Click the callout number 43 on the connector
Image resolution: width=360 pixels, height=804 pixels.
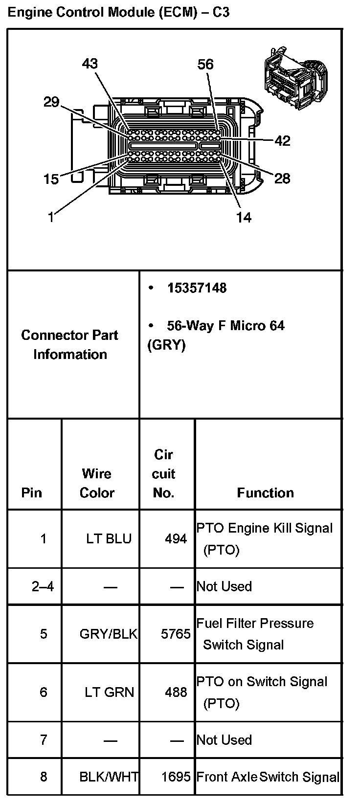coord(90,64)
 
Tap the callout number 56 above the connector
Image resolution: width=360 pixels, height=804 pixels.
coord(205,65)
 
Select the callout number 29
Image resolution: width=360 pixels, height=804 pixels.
coord(51,102)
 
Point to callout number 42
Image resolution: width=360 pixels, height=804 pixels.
coord(282,141)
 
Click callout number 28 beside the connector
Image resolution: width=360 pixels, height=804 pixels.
coord(282,179)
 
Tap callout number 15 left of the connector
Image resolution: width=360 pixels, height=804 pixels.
coord(51,179)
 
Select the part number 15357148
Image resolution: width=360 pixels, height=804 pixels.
coord(197,288)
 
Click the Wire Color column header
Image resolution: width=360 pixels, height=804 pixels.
coord(97,483)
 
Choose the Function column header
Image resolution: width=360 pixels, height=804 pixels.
coord(265,492)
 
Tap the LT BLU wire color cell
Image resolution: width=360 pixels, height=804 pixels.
coord(109,539)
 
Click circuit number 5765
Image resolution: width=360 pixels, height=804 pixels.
coord(176,634)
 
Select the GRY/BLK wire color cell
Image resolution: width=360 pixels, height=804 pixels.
coord(109,634)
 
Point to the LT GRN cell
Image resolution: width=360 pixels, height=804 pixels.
coord(109,692)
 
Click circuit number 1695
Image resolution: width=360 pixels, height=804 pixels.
coord(176,777)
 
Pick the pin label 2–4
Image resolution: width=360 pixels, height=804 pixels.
coord(43,586)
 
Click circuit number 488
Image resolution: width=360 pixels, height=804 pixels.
coord(176,692)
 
